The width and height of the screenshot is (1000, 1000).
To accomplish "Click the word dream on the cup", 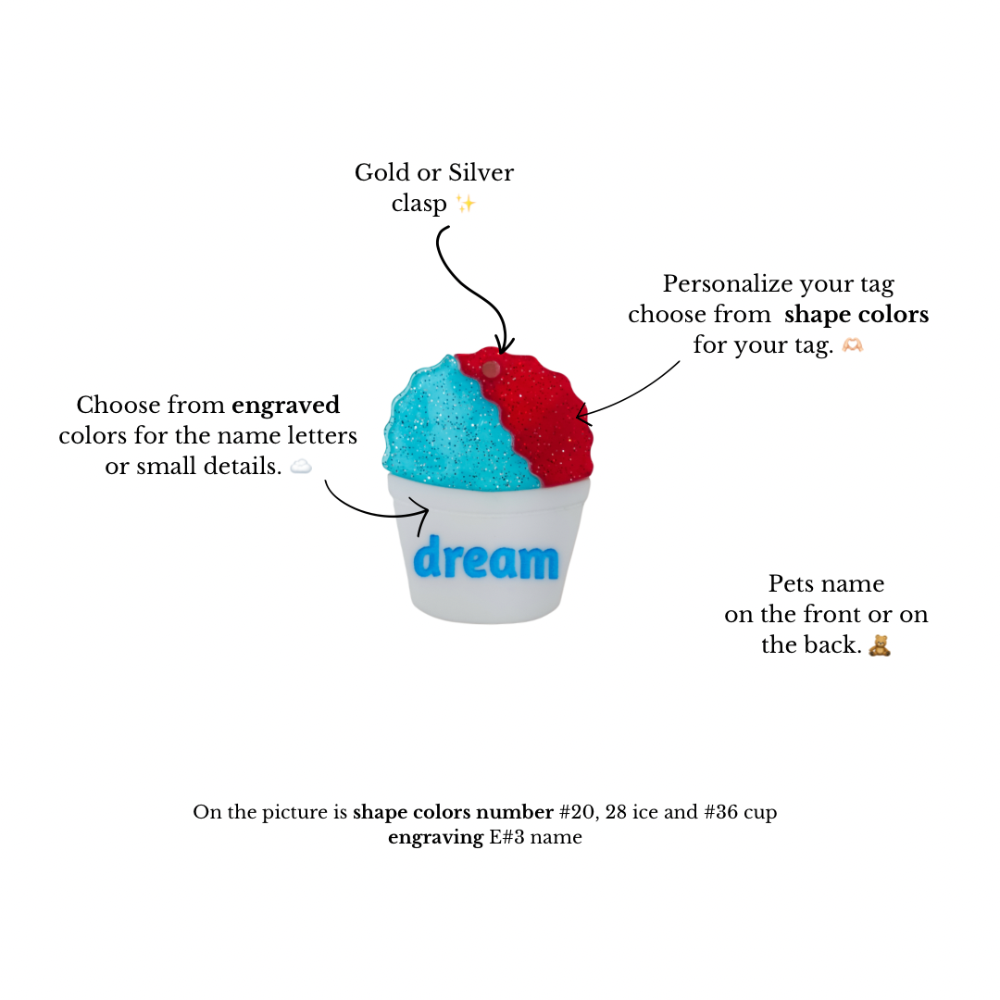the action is [485, 557].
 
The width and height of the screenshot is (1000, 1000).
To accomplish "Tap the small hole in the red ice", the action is [491, 369].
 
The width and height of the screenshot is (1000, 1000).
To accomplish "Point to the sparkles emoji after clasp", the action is [466, 204].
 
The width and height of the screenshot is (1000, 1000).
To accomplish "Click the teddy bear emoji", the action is [880, 645].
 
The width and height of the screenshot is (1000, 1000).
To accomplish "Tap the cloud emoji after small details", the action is [301, 467].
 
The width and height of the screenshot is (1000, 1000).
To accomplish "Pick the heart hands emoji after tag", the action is [853, 345].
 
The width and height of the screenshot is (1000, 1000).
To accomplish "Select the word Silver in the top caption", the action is [481, 172].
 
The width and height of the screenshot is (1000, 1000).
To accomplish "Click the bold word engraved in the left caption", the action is [286, 406].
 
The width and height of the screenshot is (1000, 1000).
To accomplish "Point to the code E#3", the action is [507, 837].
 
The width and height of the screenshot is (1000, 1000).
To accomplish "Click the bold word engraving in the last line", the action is [435, 837].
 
